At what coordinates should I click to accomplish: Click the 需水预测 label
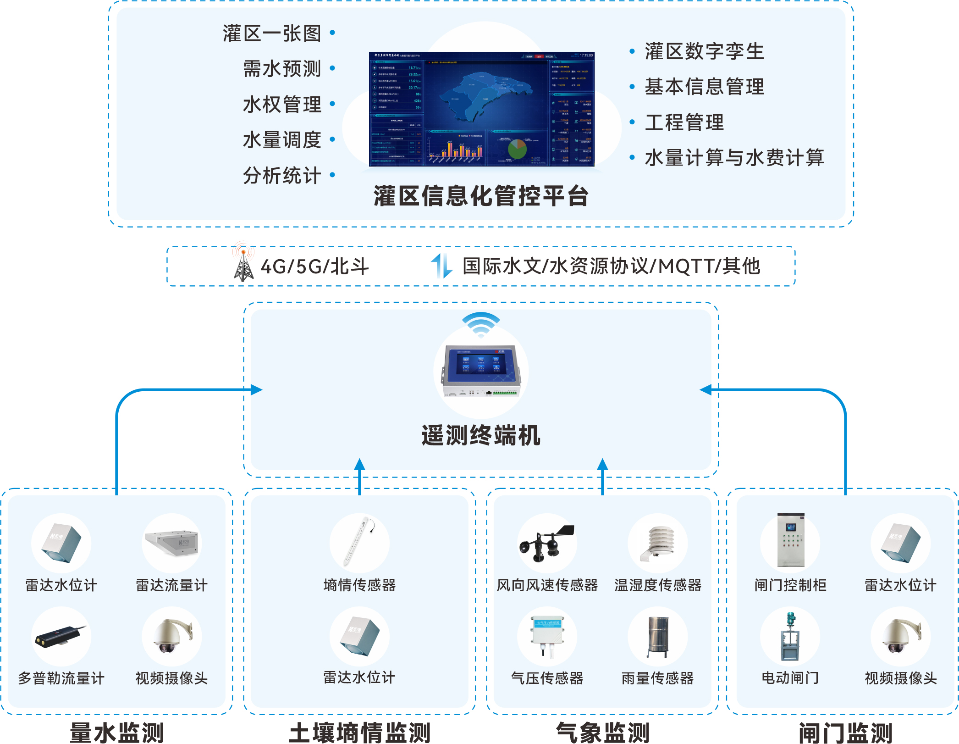click(x=281, y=69)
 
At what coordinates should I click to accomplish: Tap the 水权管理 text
click(x=281, y=105)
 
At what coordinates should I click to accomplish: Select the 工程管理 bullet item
click(x=684, y=122)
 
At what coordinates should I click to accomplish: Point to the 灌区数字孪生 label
click(x=704, y=51)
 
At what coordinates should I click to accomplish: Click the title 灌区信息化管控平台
click(x=481, y=196)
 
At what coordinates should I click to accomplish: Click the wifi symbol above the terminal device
click(x=481, y=324)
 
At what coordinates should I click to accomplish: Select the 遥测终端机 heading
click(x=481, y=435)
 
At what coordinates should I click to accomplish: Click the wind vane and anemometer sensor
click(x=547, y=543)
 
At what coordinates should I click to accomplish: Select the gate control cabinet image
click(x=790, y=540)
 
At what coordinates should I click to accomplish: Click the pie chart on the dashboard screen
click(x=518, y=149)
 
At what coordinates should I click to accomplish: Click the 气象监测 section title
click(x=602, y=732)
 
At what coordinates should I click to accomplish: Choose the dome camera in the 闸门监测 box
click(x=900, y=636)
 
